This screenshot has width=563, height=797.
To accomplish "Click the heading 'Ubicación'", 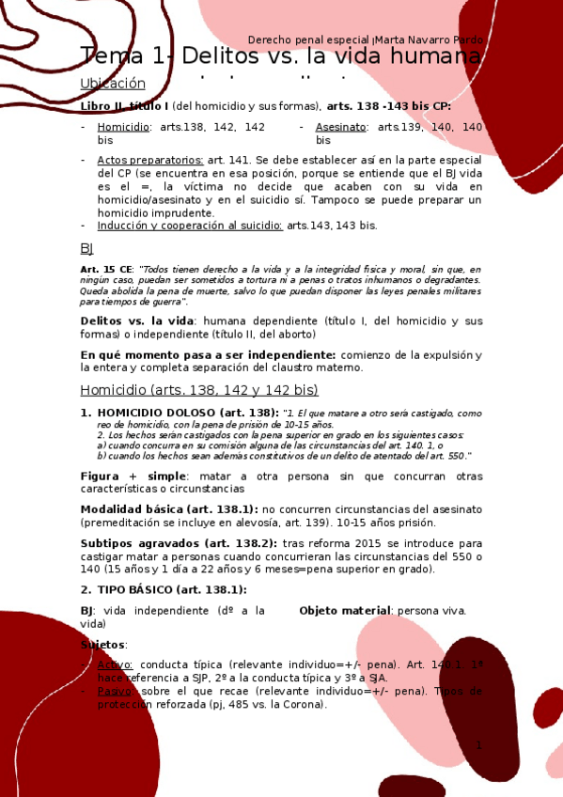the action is (x=113, y=83).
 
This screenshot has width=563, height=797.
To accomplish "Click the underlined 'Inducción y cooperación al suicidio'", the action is (x=190, y=226).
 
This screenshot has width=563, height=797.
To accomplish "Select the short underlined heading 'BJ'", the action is (x=86, y=248).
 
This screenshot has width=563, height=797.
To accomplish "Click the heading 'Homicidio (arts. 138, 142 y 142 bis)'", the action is (x=199, y=390).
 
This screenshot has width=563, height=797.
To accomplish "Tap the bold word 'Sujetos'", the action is (x=103, y=645).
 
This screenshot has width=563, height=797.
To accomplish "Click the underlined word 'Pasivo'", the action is (x=115, y=691).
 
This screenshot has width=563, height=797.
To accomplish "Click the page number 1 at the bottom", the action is (x=478, y=745).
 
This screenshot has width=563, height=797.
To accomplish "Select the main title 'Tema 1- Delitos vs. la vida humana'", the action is (x=280, y=56).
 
